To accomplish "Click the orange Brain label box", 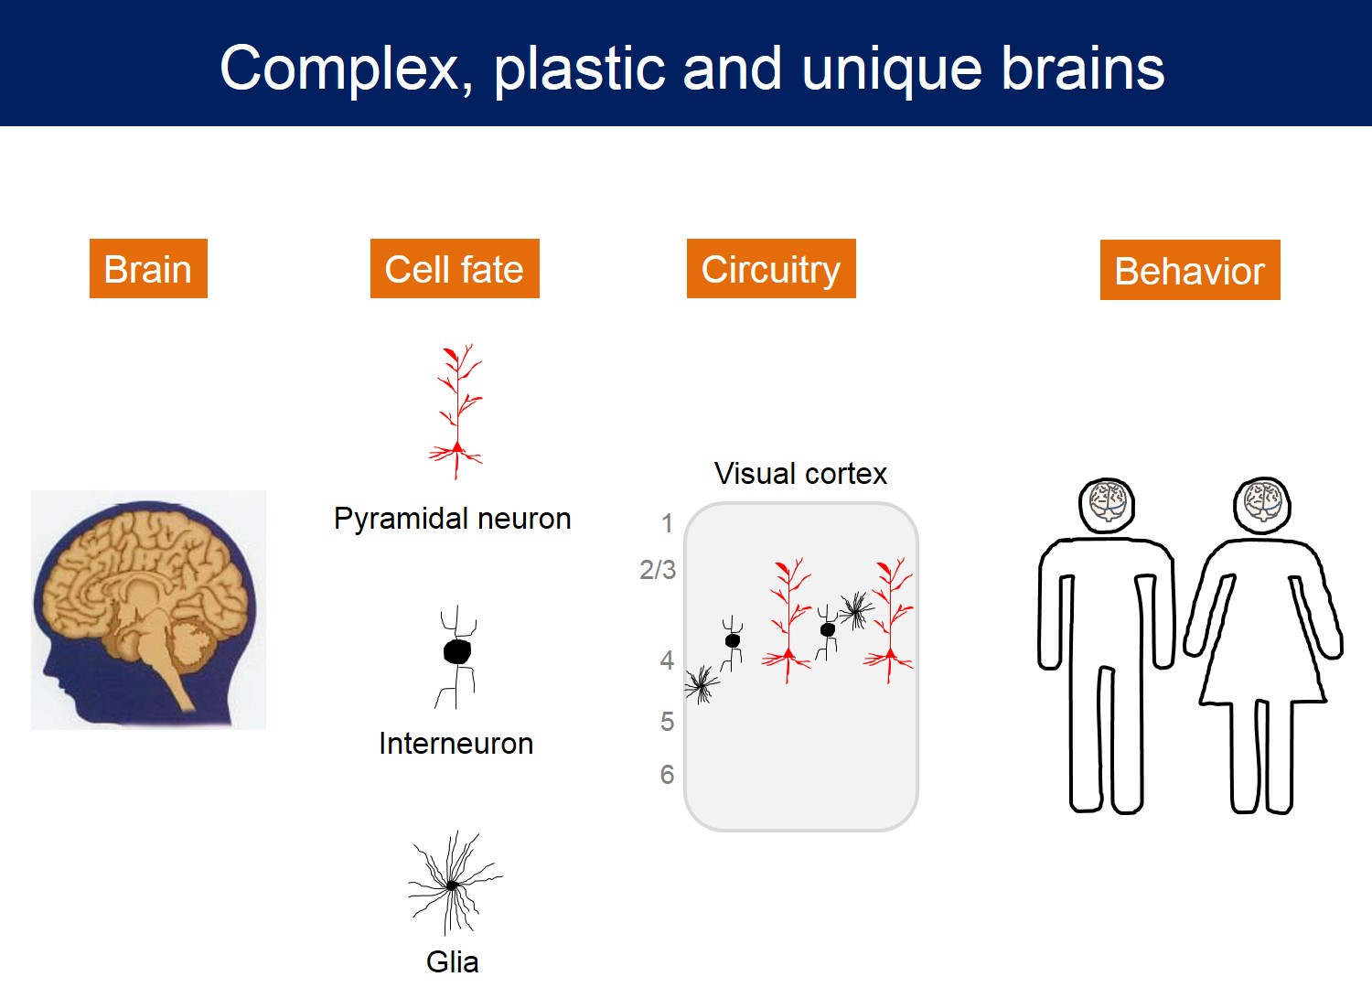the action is [x=148, y=268].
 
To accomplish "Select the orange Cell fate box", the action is [x=455, y=268].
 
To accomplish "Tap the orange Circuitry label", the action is [x=771, y=268].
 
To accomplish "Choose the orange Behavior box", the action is [x=1190, y=270].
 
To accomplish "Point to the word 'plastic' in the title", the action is [x=579, y=70].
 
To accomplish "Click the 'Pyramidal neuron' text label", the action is [x=453, y=520].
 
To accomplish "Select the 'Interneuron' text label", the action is [x=456, y=744].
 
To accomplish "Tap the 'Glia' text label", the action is [x=452, y=961].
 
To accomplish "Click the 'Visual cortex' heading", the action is [x=800, y=474].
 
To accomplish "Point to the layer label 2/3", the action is [x=658, y=570].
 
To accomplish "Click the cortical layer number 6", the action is [x=667, y=775].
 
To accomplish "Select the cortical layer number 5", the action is [x=667, y=722].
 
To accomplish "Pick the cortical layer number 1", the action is [x=667, y=523].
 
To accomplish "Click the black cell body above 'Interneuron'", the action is [x=457, y=651].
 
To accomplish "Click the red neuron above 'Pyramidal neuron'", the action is [x=456, y=412].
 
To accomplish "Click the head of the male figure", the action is [x=1107, y=506].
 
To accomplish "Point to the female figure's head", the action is [x=1261, y=506].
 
